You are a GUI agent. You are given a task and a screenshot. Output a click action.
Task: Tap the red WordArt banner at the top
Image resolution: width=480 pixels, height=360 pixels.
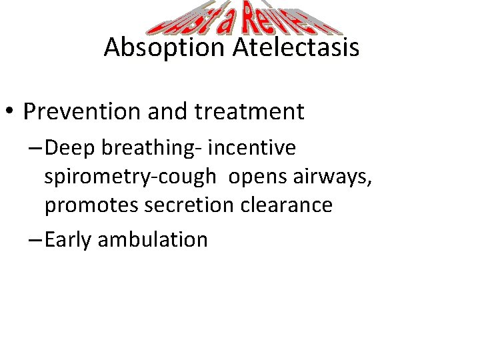(x=244, y=18)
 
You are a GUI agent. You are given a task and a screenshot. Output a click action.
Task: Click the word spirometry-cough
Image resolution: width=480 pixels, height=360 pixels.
(x=131, y=177)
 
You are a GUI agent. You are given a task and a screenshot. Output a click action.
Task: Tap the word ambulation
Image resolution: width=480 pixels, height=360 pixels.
(x=153, y=239)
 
